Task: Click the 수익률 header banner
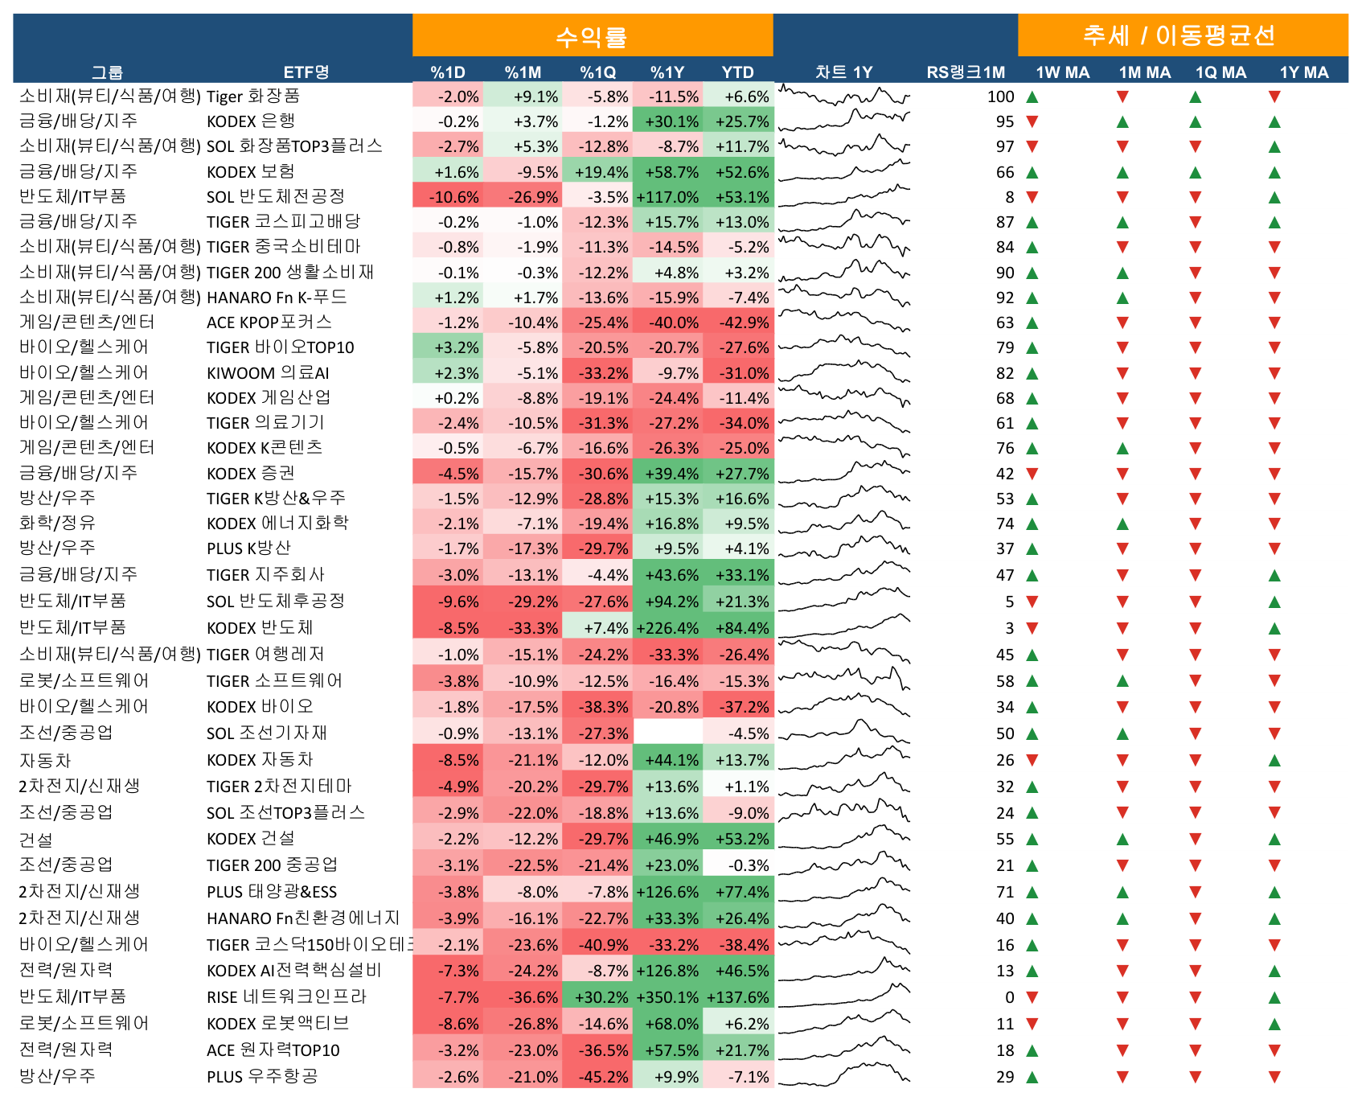(x=593, y=35)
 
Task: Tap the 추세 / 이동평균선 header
(x=1182, y=35)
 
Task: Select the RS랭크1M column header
(x=966, y=72)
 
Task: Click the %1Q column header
(x=598, y=72)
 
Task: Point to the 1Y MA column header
(x=1304, y=72)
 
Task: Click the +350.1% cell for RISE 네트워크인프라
(x=667, y=997)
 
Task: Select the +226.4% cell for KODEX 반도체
(x=667, y=628)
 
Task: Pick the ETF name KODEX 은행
(x=251, y=121)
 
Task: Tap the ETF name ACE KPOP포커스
(x=269, y=322)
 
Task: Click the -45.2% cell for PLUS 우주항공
(x=598, y=1077)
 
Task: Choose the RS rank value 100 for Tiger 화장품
(x=1001, y=97)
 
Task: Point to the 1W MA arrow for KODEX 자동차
(x=1032, y=760)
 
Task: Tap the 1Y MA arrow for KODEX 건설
(x=1274, y=840)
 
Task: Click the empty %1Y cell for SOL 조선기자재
(x=667, y=733)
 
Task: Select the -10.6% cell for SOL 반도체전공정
(x=448, y=197)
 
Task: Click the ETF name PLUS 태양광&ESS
(x=272, y=892)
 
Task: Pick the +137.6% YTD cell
(x=738, y=997)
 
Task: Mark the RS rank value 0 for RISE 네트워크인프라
(x=1010, y=997)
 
